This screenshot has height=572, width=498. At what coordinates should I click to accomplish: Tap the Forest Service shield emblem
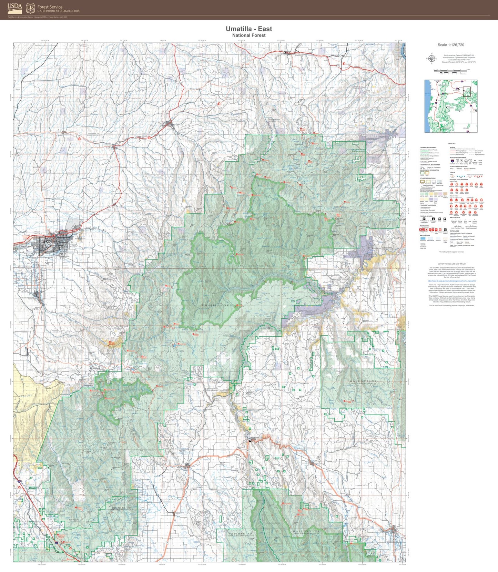31,8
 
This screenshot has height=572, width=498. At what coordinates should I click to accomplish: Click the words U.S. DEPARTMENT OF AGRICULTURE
59,11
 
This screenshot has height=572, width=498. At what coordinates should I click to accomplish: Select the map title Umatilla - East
249,29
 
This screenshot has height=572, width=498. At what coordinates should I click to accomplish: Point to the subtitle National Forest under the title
249,35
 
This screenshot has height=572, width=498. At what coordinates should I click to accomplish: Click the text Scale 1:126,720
451,45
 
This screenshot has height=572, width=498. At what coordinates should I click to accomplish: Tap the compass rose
431,59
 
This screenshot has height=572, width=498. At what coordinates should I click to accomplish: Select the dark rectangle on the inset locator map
466,91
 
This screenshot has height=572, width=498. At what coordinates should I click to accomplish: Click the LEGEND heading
451,143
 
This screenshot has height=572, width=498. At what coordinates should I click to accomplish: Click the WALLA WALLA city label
37,233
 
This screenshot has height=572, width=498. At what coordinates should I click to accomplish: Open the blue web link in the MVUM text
451,281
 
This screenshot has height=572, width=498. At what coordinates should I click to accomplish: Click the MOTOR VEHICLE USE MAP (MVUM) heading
451,264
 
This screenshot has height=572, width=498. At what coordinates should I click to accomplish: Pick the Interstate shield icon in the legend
452,161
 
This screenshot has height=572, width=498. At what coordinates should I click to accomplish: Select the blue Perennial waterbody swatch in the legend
423,238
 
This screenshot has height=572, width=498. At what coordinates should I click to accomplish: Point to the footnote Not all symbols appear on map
451,252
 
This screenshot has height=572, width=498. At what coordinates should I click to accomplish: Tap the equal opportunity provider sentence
451,305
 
